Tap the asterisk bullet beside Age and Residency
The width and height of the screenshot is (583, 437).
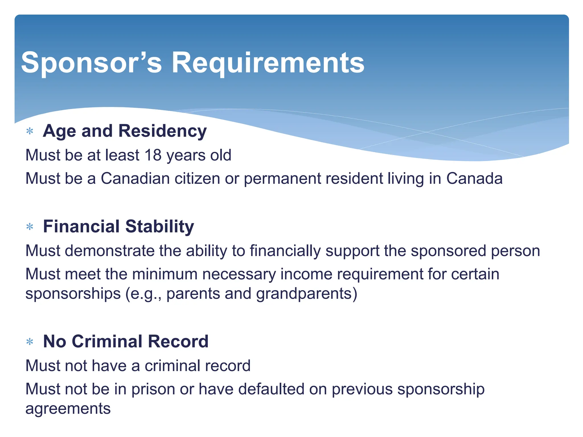(x=30, y=131)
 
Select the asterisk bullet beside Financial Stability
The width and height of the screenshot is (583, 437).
(x=30, y=227)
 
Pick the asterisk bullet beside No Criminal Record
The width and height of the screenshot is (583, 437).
(x=30, y=341)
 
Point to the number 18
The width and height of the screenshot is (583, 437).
(x=153, y=155)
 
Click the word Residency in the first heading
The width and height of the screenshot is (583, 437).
(x=162, y=131)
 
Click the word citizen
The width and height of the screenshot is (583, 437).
(x=197, y=178)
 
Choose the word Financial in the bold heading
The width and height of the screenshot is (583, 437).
(x=81, y=226)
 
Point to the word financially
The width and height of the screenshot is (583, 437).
(x=285, y=251)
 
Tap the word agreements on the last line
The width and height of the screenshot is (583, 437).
(x=68, y=409)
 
